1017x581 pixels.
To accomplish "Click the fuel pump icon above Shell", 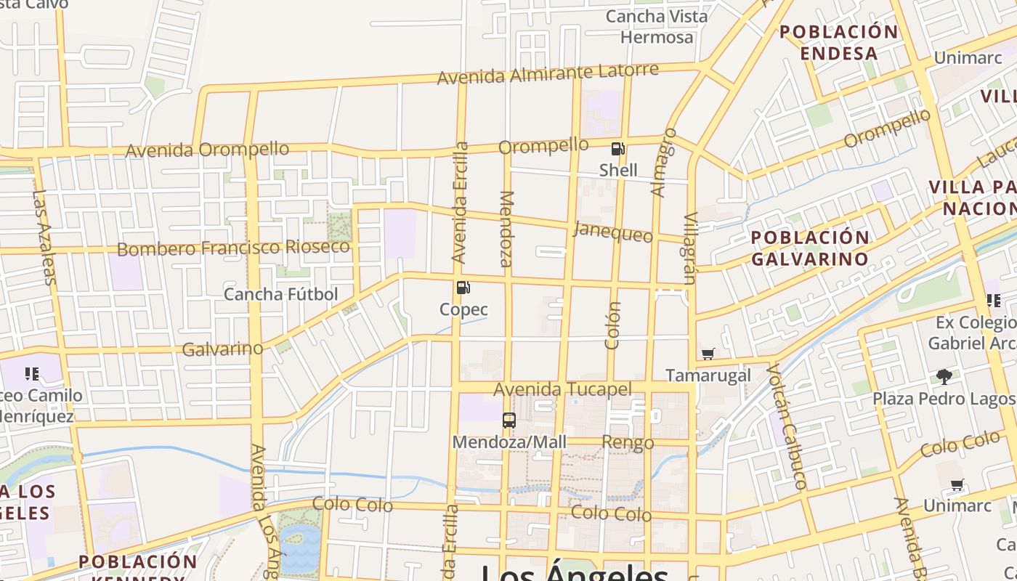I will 617,149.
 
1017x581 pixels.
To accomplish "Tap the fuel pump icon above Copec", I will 463,288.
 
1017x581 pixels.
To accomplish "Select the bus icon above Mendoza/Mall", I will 509,420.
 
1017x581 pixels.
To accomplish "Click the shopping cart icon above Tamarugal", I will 708,354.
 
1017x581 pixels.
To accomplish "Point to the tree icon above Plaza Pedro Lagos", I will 944,376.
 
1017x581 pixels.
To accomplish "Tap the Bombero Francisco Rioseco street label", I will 233,248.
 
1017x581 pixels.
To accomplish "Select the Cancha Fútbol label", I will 281,294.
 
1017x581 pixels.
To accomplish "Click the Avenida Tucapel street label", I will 562,389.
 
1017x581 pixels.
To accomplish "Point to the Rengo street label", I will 628,442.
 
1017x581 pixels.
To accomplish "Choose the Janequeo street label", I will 612,232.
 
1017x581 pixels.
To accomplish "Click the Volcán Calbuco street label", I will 787,426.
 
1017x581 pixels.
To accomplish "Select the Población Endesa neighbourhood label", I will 839,42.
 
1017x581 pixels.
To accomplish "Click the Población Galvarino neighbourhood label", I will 810,248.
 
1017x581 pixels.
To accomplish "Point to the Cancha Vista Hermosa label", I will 657,26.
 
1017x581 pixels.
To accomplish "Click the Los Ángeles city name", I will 574,572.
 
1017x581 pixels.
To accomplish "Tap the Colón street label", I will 612,325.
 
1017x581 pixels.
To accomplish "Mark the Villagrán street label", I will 690,248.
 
